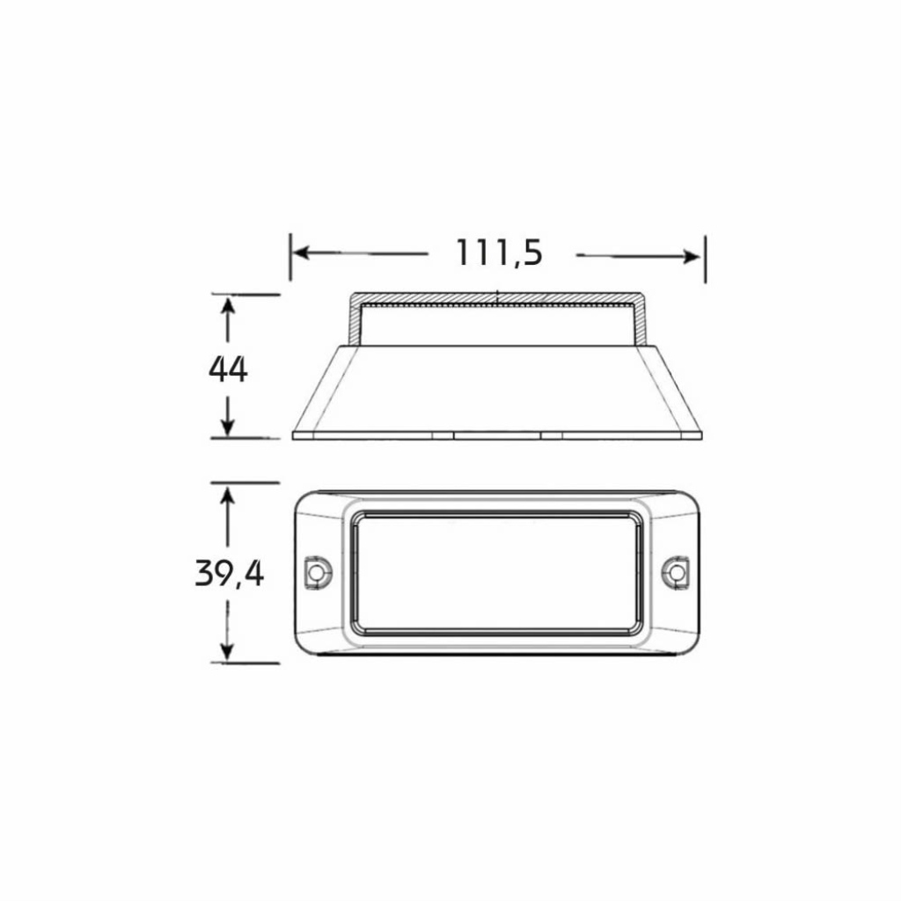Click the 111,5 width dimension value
click(499, 253)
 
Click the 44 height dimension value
click(228, 369)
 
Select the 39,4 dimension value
click(230, 574)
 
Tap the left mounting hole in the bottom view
click(316, 572)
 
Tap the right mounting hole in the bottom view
click(678, 572)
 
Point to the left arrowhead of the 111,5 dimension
click(301, 253)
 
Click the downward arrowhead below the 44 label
click(228, 427)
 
